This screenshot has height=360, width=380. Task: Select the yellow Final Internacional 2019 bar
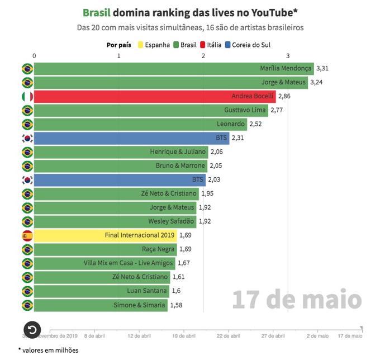[105, 235]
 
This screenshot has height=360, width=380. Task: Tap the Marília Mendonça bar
[174, 69]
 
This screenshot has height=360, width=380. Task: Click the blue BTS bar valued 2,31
[131, 138]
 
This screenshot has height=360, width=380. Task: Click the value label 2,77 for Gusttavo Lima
[277, 111]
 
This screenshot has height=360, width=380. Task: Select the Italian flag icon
[26, 97]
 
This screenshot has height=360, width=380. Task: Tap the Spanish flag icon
[26, 235]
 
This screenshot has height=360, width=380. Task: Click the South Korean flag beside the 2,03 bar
[26, 180]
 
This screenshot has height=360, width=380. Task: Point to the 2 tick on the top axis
[203, 56]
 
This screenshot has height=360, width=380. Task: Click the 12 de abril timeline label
[139, 337]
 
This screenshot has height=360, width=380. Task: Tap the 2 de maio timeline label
[317, 337]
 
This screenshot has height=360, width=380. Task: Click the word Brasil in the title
[96, 13]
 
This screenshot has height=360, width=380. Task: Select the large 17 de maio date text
[297, 300]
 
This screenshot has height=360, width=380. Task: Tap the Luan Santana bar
[101, 291]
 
